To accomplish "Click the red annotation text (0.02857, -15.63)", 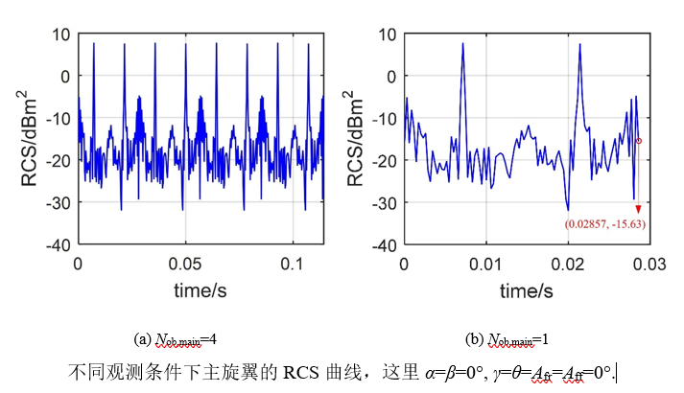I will click(x=604, y=223).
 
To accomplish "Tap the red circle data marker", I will click(x=639, y=141).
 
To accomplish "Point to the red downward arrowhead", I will click(x=638, y=208).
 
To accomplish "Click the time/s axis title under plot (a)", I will click(x=200, y=289).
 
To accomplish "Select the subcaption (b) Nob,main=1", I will click(x=515, y=339).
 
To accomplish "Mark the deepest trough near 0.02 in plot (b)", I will click(x=568, y=209).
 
